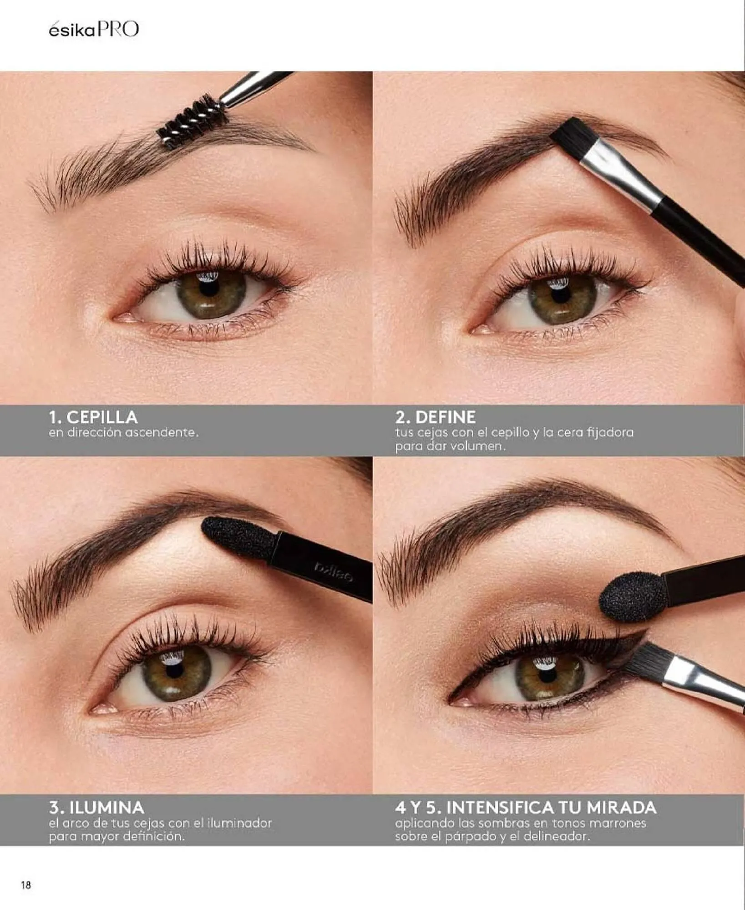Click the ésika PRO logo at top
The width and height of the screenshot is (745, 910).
pos(94,30)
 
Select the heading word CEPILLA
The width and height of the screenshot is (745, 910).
pos(102,417)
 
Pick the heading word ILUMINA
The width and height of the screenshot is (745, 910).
pos(107,808)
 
